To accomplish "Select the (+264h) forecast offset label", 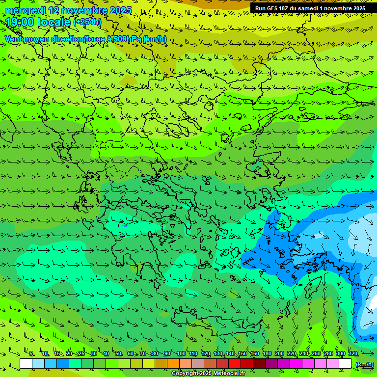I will tap(87, 22).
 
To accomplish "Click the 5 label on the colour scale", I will tap(31, 353).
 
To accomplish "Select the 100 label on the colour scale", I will tap(181, 353).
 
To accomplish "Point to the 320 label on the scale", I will tap(352, 353).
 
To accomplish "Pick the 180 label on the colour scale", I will tap(267, 353).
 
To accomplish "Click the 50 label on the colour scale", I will tap(118, 353).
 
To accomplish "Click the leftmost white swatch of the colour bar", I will tap(26, 364).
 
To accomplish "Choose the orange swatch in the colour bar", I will tap(173, 364).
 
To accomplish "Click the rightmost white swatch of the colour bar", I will tap(345, 364).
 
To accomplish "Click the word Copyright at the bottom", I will tap(185, 374).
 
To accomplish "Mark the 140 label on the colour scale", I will tap(230, 353).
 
